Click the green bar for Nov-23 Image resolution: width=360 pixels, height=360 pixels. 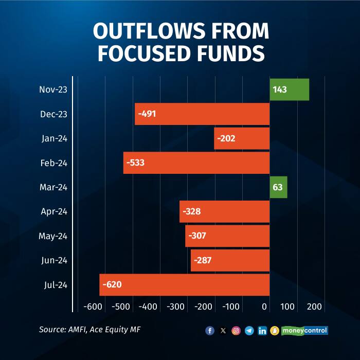pyautogui.click(x=289, y=89)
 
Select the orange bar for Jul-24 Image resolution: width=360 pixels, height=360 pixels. pyautogui.click(x=185, y=285)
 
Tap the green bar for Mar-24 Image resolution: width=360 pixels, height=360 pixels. pyautogui.click(x=278, y=187)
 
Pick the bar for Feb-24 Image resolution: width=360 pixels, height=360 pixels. pyautogui.click(x=196, y=163)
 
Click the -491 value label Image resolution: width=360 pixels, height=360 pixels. pyautogui.click(x=147, y=114)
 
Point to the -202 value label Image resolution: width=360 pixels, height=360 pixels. pyautogui.click(x=226, y=138)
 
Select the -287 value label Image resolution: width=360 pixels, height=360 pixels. pyautogui.click(x=202, y=260)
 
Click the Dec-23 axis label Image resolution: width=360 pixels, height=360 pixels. pyautogui.click(x=53, y=114)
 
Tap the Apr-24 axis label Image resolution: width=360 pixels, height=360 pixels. pyautogui.click(x=53, y=211)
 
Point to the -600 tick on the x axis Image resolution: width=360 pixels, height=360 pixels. pyautogui.click(x=93, y=307)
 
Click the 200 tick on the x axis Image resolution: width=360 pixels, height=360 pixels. pyautogui.click(x=314, y=307)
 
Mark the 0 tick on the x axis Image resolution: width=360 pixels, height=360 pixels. pyautogui.click(x=265, y=307)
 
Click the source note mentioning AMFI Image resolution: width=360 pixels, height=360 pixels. pyautogui.click(x=89, y=329)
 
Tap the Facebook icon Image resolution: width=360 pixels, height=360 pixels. pyautogui.click(x=210, y=331)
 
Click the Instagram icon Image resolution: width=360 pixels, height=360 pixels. pyautogui.click(x=236, y=331)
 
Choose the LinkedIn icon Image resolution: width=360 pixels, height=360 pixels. pyautogui.click(x=262, y=331)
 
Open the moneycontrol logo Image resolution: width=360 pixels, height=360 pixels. pyautogui.click(x=304, y=331)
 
